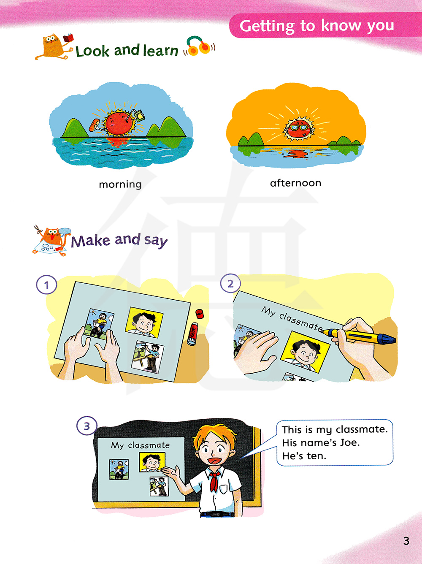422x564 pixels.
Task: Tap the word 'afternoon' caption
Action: coord(296,183)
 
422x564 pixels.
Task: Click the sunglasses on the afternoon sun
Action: coord(300,127)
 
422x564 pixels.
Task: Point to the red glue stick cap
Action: coord(199,314)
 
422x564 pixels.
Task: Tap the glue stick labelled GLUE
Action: coord(193,334)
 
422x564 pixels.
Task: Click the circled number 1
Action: coord(46,285)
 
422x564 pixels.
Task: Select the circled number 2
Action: coord(230,283)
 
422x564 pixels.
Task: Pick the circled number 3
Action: coord(87,426)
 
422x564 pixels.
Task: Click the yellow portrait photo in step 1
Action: coord(144,322)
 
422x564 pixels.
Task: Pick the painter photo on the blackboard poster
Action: coord(159,486)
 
